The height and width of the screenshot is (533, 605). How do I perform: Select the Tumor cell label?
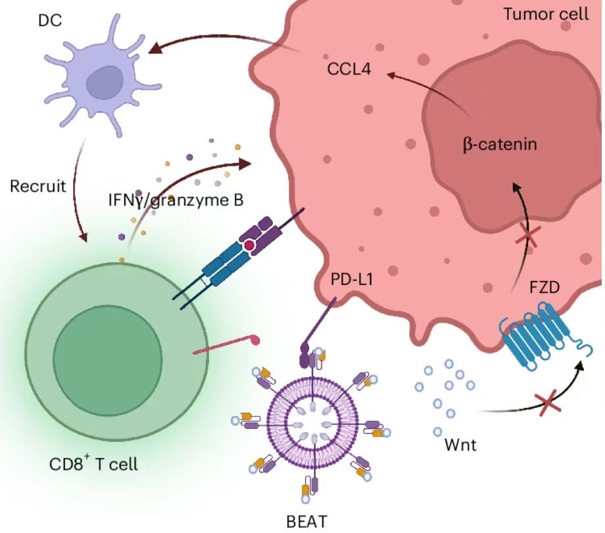546,14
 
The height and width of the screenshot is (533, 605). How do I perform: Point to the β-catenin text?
500,144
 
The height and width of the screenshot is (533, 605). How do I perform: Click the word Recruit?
38,186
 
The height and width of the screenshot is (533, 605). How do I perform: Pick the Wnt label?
460,445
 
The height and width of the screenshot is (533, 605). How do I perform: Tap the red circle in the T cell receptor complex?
250,245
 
